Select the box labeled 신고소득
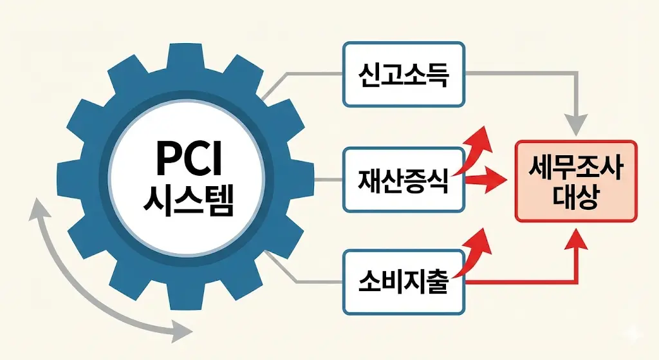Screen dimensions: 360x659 pos(404,74)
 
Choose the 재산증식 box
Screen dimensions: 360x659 pos(404,180)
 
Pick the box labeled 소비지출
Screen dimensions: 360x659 pos(404,281)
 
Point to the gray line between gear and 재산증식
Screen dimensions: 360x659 pos(309,180)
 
